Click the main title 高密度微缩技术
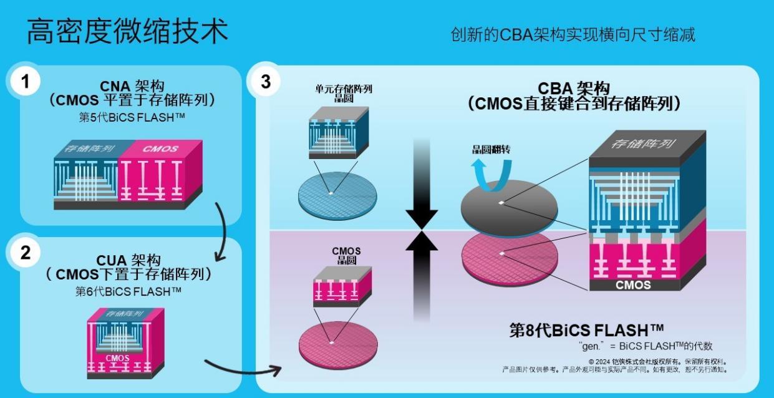pyautogui.click(x=127, y=31)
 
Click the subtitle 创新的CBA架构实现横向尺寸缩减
pyautogui.click(x=573, y=34)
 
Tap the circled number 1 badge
pyautogui.click(x=26, y=81)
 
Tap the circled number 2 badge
pyautogui.click(x=26, y=253)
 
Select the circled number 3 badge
pyautogui.click(x=266, y=81)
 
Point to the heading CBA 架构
pyautogui.click(x=574, y=89)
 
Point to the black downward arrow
pyautogui.click(x=422, y=187)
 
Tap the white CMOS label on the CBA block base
pyautogui.click(x=633, y=285)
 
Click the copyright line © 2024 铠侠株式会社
pyautogui.click(x=658, y=361)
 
